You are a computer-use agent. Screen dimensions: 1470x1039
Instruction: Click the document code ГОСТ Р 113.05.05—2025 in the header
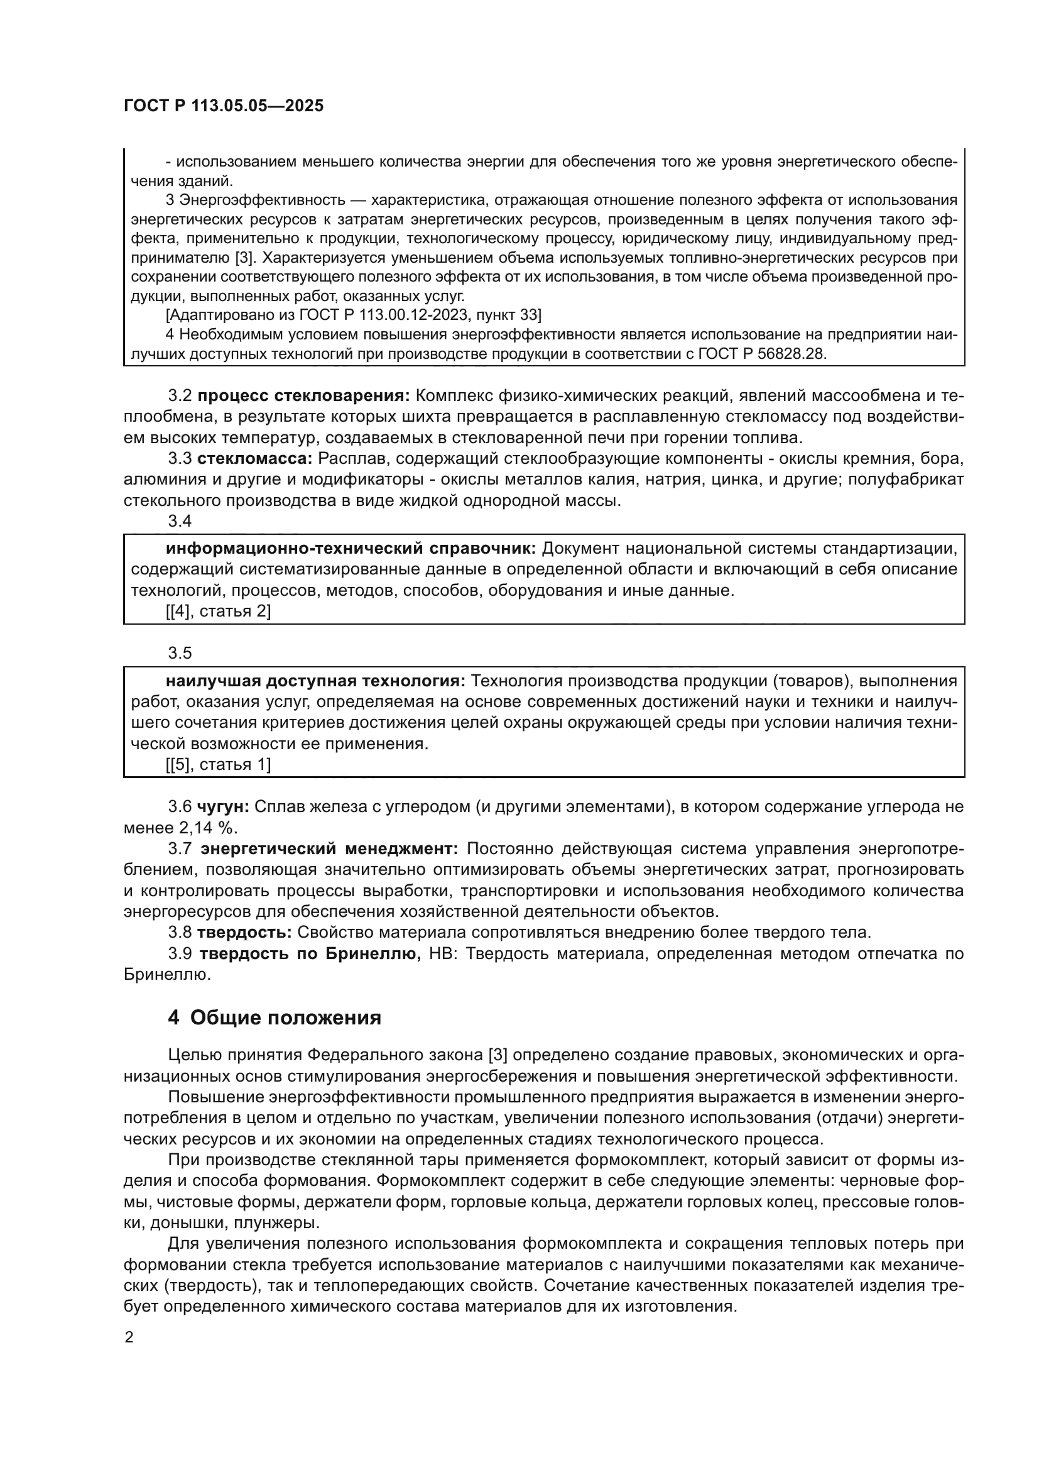223,106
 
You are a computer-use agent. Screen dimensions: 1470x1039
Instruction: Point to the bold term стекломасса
254,458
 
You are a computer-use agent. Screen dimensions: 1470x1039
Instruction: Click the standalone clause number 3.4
180,521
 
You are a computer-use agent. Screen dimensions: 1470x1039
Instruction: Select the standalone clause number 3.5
180,653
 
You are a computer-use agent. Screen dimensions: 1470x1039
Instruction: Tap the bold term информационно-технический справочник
351,549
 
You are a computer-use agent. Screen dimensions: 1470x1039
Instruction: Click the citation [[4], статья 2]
218,612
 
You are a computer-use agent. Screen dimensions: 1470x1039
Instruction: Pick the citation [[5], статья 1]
218,764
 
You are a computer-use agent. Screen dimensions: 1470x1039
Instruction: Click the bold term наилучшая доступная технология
315,681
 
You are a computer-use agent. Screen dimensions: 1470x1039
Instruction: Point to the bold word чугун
222,807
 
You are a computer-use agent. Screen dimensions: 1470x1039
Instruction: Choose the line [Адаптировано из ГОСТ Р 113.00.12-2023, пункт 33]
353,315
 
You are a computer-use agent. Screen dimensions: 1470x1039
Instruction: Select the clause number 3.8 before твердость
179,933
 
